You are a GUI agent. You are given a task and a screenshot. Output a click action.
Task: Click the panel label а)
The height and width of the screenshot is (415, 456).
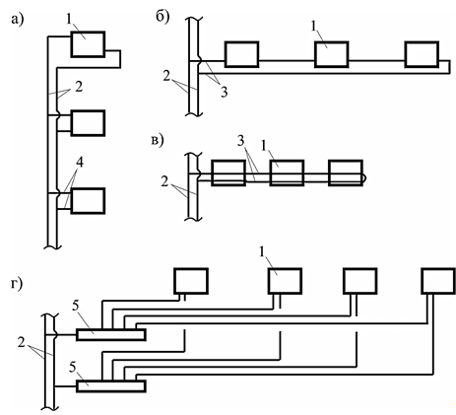coord(18,20)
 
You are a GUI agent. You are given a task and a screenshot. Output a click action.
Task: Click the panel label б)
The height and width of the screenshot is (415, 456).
coord(163,17)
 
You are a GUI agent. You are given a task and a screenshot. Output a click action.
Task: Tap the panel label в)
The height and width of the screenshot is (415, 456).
coord(158,140)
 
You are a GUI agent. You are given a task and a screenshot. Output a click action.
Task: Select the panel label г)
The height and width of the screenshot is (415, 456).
coord(16,283)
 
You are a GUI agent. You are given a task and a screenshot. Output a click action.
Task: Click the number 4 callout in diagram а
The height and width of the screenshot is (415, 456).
coord(79,163)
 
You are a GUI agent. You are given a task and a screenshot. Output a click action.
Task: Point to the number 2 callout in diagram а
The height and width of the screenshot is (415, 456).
coord(79,87)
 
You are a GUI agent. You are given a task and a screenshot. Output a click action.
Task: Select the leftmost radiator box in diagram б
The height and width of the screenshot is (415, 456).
coord(241,54)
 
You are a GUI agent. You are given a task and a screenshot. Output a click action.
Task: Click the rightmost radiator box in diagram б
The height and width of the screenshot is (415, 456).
coord(422,54)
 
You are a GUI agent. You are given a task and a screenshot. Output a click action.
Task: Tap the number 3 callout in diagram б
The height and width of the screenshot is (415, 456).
coord(224,92)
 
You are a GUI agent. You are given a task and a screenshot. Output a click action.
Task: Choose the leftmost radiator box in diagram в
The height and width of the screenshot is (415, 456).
coord(228,173)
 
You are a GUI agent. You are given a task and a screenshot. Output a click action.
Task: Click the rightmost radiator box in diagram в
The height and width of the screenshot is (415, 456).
coord(346,173)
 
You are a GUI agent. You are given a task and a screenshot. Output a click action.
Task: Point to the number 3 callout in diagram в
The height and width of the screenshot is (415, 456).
coord(240,141)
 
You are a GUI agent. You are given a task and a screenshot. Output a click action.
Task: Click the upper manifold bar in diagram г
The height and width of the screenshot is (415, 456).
coord(111,334)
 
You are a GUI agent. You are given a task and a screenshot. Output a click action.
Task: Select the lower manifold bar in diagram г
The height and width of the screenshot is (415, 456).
coord(111,386)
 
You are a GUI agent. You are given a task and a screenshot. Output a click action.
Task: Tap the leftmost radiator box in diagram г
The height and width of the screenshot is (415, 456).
coord(191,281)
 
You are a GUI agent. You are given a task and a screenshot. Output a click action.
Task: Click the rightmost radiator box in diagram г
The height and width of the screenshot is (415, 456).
coord(438,281)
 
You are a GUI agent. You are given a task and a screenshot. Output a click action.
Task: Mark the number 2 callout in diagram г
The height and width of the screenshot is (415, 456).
coord(22,343)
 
